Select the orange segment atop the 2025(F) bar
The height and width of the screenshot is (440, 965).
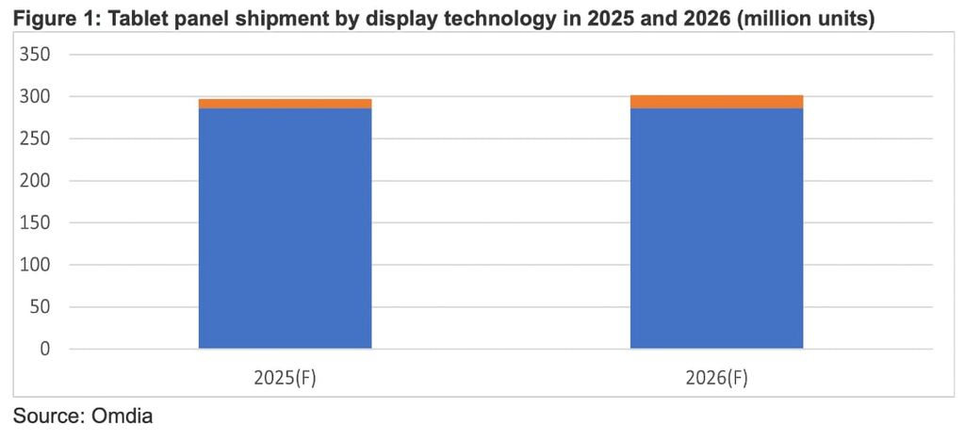point(285,104)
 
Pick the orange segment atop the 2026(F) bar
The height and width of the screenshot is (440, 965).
point(716,102)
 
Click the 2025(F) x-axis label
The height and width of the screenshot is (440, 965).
point(285,377)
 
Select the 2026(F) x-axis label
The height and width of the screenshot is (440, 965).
point(716,377)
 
